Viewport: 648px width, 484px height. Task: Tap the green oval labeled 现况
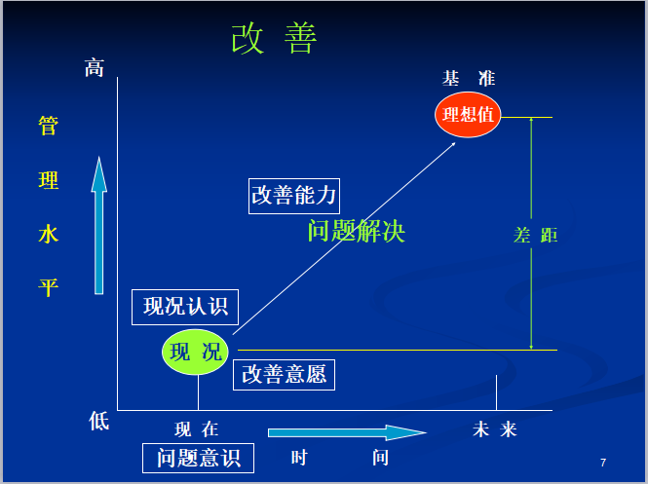(x=196, y=352)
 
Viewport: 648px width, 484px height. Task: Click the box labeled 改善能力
(x=293, y=195)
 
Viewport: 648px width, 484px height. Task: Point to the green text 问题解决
(x=356, y=232)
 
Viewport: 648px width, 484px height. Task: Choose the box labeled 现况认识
(x=185, y=307)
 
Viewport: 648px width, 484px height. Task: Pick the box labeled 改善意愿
(x=284, y=374)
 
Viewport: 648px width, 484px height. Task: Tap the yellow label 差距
(x=535, y=235)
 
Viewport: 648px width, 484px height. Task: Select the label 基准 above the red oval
(x=469, y=79)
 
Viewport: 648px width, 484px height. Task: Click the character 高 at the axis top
(x=94, y=67)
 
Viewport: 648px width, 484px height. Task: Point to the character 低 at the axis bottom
(x=99, y=421)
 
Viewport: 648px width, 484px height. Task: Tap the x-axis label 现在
(x=197, y=429)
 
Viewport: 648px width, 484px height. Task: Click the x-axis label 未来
(x=495, y=429)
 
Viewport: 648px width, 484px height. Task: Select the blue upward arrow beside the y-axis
(x=98, y=225)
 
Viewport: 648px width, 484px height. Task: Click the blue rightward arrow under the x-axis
(x=347, y=432)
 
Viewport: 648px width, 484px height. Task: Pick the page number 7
(x=603, y=462)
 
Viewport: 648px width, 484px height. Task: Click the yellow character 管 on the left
(x=48, y=127)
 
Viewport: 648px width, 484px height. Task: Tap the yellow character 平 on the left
(x=48, y=287)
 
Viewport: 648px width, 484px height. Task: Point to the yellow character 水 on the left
(x=48, y=234)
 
